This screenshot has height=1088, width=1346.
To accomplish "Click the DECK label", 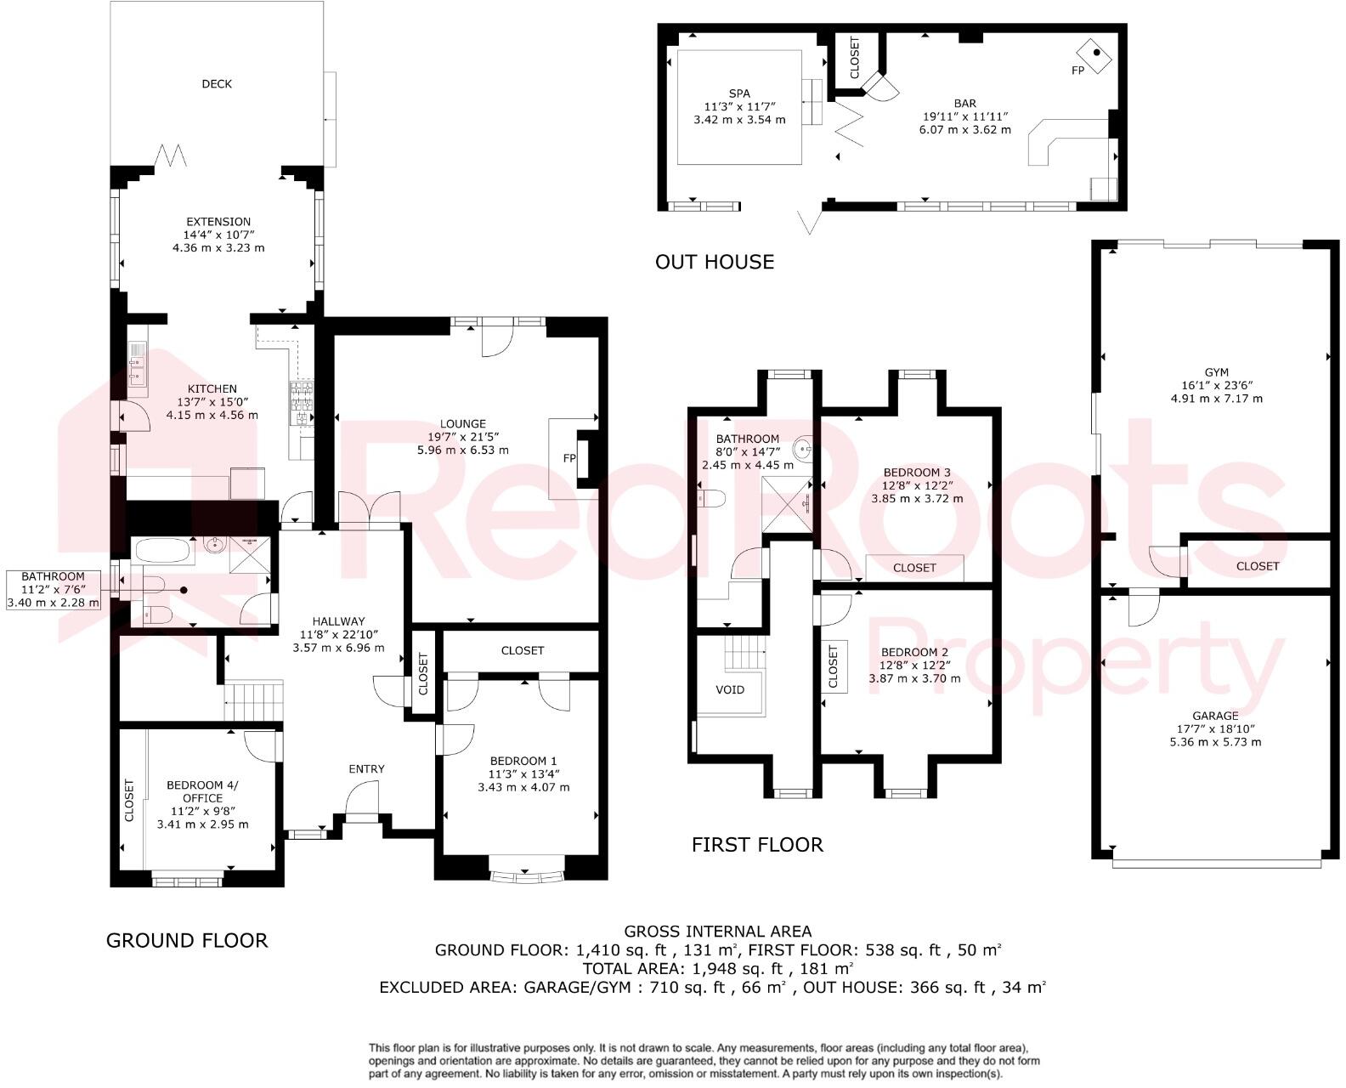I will click(x=217, y=83).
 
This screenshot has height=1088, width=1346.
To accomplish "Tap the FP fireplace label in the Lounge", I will click(x=569, y=458).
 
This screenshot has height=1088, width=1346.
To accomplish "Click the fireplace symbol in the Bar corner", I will click(x=1097, y=53).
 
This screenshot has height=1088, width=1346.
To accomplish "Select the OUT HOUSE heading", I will click(x=714, y=262).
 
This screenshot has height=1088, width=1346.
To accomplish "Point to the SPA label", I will click(x=739, y=93).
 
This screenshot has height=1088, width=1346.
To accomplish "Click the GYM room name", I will click(x=1216, y=372).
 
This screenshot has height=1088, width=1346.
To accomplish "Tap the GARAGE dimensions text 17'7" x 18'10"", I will click(x=1215, y=728).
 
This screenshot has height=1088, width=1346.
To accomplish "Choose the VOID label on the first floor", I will click(x=730, y=689).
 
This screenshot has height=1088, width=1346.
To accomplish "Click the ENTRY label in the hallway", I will click(x=366, y=768).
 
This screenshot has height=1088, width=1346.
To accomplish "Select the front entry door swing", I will click(x=360, y=799).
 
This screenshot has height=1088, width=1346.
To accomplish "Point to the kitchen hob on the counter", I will click(x=303, y=404).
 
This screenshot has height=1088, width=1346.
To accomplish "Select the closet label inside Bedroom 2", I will click(x=833, y=666).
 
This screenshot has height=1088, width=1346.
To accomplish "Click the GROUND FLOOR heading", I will click(x=187, y=940).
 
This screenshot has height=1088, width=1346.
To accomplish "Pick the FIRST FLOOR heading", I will click(x=756, y=845).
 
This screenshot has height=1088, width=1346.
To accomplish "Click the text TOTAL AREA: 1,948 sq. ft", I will click(x=671, y=968).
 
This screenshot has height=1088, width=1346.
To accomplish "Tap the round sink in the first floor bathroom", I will click(x=803, y=447).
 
